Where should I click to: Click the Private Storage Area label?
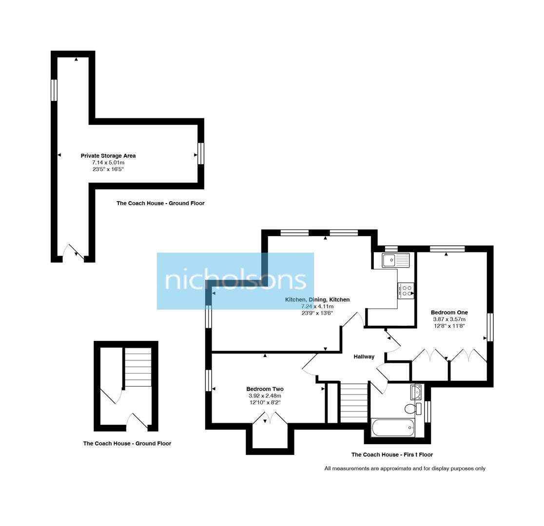108,156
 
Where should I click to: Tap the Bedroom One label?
449,313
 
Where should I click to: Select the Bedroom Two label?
265,389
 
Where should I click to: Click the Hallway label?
364,357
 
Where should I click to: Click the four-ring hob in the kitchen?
406,291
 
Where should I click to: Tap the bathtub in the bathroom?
393,428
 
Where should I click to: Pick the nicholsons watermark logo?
235,281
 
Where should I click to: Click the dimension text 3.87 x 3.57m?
449,319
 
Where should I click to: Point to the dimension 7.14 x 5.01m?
108,163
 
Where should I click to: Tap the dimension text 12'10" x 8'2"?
265,403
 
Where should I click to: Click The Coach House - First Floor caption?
392,455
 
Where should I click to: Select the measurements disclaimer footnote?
405,469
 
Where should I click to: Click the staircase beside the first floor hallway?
353,403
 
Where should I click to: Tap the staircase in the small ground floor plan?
138,367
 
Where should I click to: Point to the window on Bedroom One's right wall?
490,327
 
